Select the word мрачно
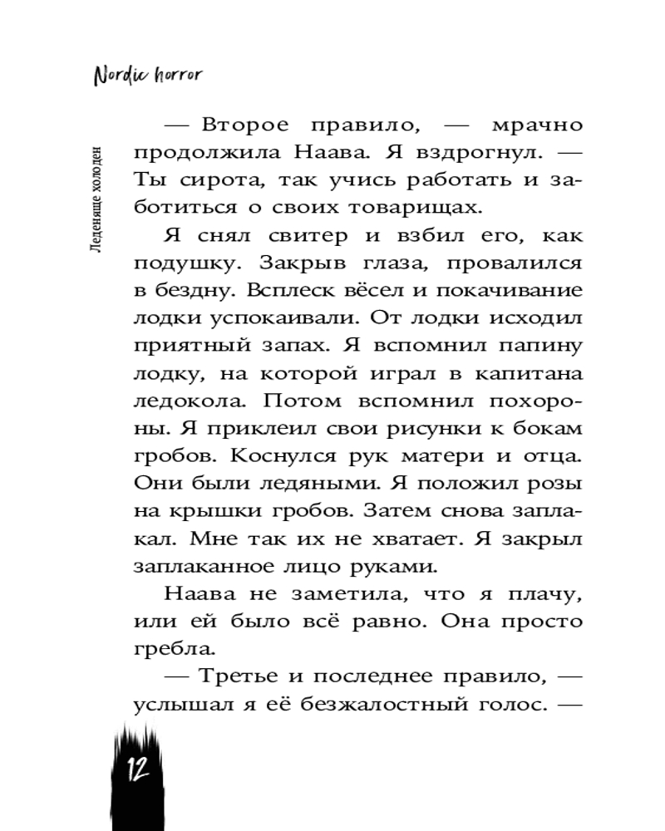(x=537, y=126)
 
